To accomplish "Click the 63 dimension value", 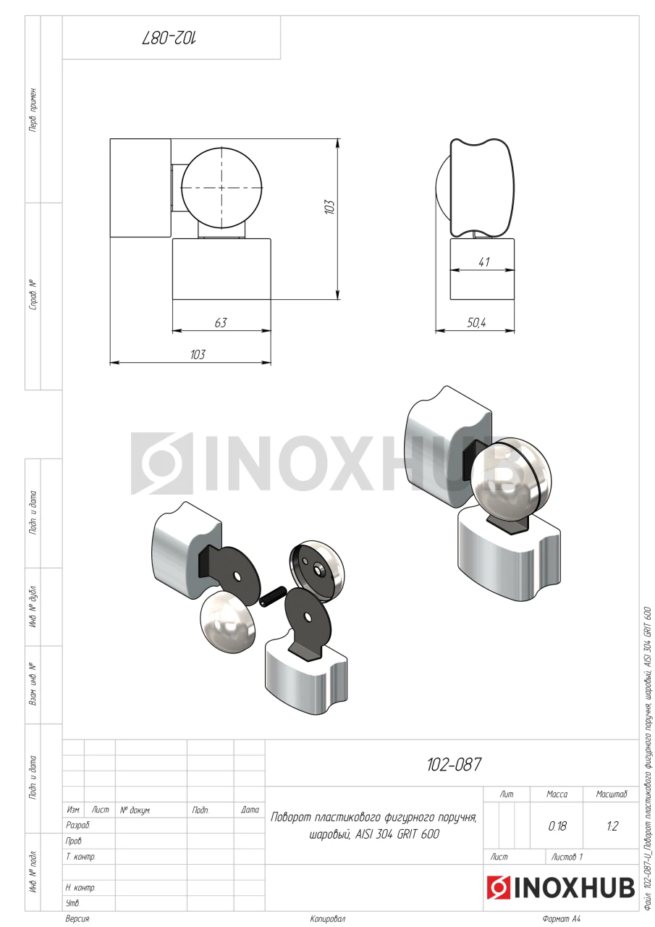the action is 221,322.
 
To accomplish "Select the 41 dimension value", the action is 483,262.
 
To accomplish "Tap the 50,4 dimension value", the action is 476,322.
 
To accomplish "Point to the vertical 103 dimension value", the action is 329,207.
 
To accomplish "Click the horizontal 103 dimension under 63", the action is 198,355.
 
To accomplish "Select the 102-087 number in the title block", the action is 454,764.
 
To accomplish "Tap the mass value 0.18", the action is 557,826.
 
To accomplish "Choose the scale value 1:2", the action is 612,826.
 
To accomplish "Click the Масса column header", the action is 557,794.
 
